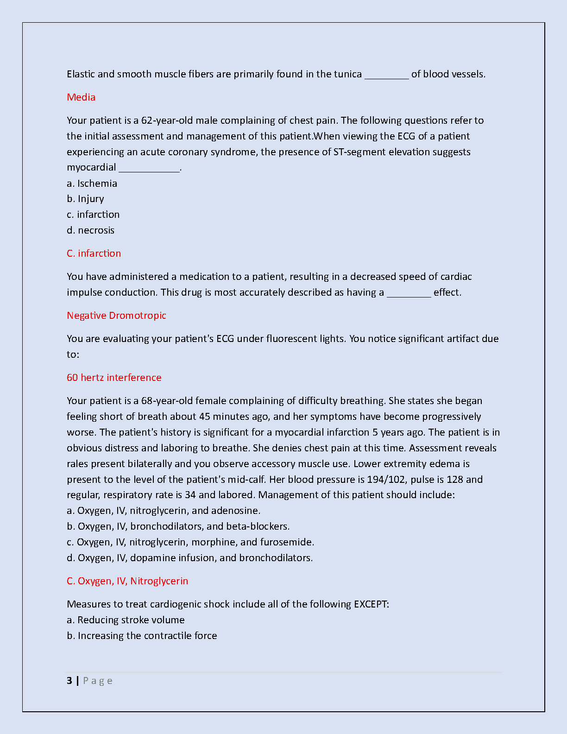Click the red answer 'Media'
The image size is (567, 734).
pyautogui.click(x=81, y=97)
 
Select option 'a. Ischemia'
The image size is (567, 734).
pyautogui.click(x=92, y=183)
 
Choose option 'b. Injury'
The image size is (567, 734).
pyautogui.click(x=85, y=199)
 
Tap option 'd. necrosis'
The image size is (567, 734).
pyautogui.click(x=90, y=230)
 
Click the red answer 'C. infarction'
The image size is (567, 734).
pyautogui.click(x=94, y=253)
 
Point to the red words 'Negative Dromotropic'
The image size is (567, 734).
pyautogui.click(x=116, y=316)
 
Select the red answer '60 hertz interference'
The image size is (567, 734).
pyautogui.click(x=114, y=378)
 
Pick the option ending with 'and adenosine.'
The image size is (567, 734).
pyautogui.click(x=164, y=511)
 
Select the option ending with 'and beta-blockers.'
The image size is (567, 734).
pyautogui.click(x=178, y=526)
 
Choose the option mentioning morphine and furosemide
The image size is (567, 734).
pyautogui.click(x=190, y=542)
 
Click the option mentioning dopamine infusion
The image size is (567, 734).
pyautogui.click(x=189, y=558)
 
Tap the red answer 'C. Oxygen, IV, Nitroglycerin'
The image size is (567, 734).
pyautogui.click(x=127, y=581)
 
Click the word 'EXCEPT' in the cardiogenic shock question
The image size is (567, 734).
pyautogui.click(x=371, y=604)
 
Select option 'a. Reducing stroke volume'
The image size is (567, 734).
pyautogui.click(x=126, y=620)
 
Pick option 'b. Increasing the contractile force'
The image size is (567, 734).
pyautogui.click(x=142, y=636)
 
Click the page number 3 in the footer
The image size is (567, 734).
pyautogui.click(x=69, y=681)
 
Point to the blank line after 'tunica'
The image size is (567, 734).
pyautogui.click(x=386, y=75)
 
